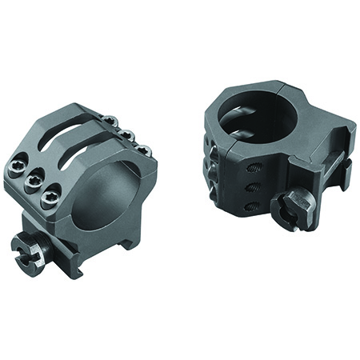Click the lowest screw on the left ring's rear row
click(142, 149)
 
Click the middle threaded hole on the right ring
click(250, 188)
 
